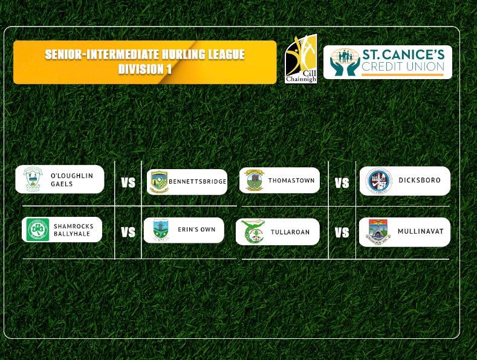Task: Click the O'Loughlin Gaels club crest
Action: [x=33, y=179]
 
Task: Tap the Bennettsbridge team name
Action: [x=198, y=182]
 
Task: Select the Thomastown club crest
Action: [x=255, y=181]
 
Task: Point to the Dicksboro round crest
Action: [x=378, y=181]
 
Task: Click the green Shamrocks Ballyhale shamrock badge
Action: [x=37, y=230]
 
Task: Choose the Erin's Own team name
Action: [x=196, y=230]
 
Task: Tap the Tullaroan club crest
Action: [x=253, y=231]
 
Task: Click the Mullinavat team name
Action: [x=420, y=231]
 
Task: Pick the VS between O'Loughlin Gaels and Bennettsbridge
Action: [x=128, y=183]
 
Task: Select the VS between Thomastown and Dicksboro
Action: [x=342, y=183]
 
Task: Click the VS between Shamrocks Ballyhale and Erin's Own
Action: [x=128, y=233]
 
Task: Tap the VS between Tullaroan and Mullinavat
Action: [x=342, y=233]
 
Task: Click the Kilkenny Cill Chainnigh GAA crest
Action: [x=301, y=59]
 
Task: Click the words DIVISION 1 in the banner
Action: [x=145, y=69]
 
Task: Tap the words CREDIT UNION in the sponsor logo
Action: [x=403, y=66]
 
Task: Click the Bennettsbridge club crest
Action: [x=160, y=182]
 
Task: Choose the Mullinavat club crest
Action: [x=378, y=232]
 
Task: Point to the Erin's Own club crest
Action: [x=161, y=230]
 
